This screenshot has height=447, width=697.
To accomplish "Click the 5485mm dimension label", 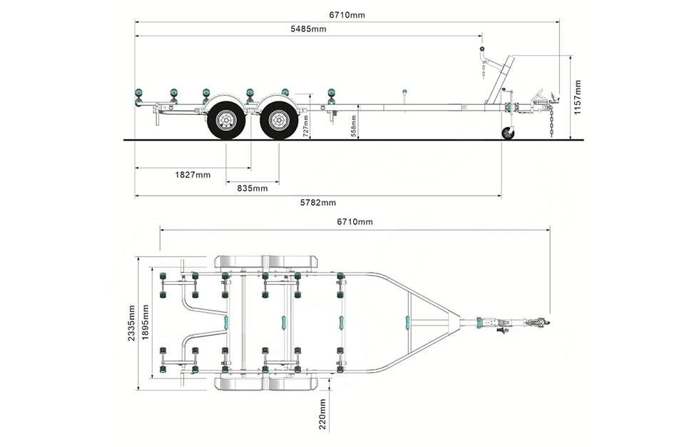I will pyautogui.click(x=308, y=29).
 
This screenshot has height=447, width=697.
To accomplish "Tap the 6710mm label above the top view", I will pyautogui.click(x=355, y=222).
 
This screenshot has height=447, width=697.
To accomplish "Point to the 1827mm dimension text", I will pyautogui.click(x=193, y=174).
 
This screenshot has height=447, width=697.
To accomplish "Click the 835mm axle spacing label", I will pyautogui.click(x=252, y=188).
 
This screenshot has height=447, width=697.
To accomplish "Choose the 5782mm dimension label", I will pyautogui.click(x=317, y=202).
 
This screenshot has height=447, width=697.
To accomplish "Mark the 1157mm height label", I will pyautogui.click(x=577, y=96).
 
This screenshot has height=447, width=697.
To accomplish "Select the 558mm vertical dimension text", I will pyautogui.click(x=354, y=126).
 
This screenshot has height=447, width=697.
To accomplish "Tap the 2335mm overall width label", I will pyautogui.click(x=131, y=323).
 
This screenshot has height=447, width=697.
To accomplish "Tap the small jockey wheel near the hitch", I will pyautogui.click(x=507, y=134).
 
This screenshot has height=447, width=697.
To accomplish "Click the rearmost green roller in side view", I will pyautogui.click(x=138, y=95).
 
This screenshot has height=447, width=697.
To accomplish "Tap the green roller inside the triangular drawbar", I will pyautogui.click(x=409, y=322).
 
